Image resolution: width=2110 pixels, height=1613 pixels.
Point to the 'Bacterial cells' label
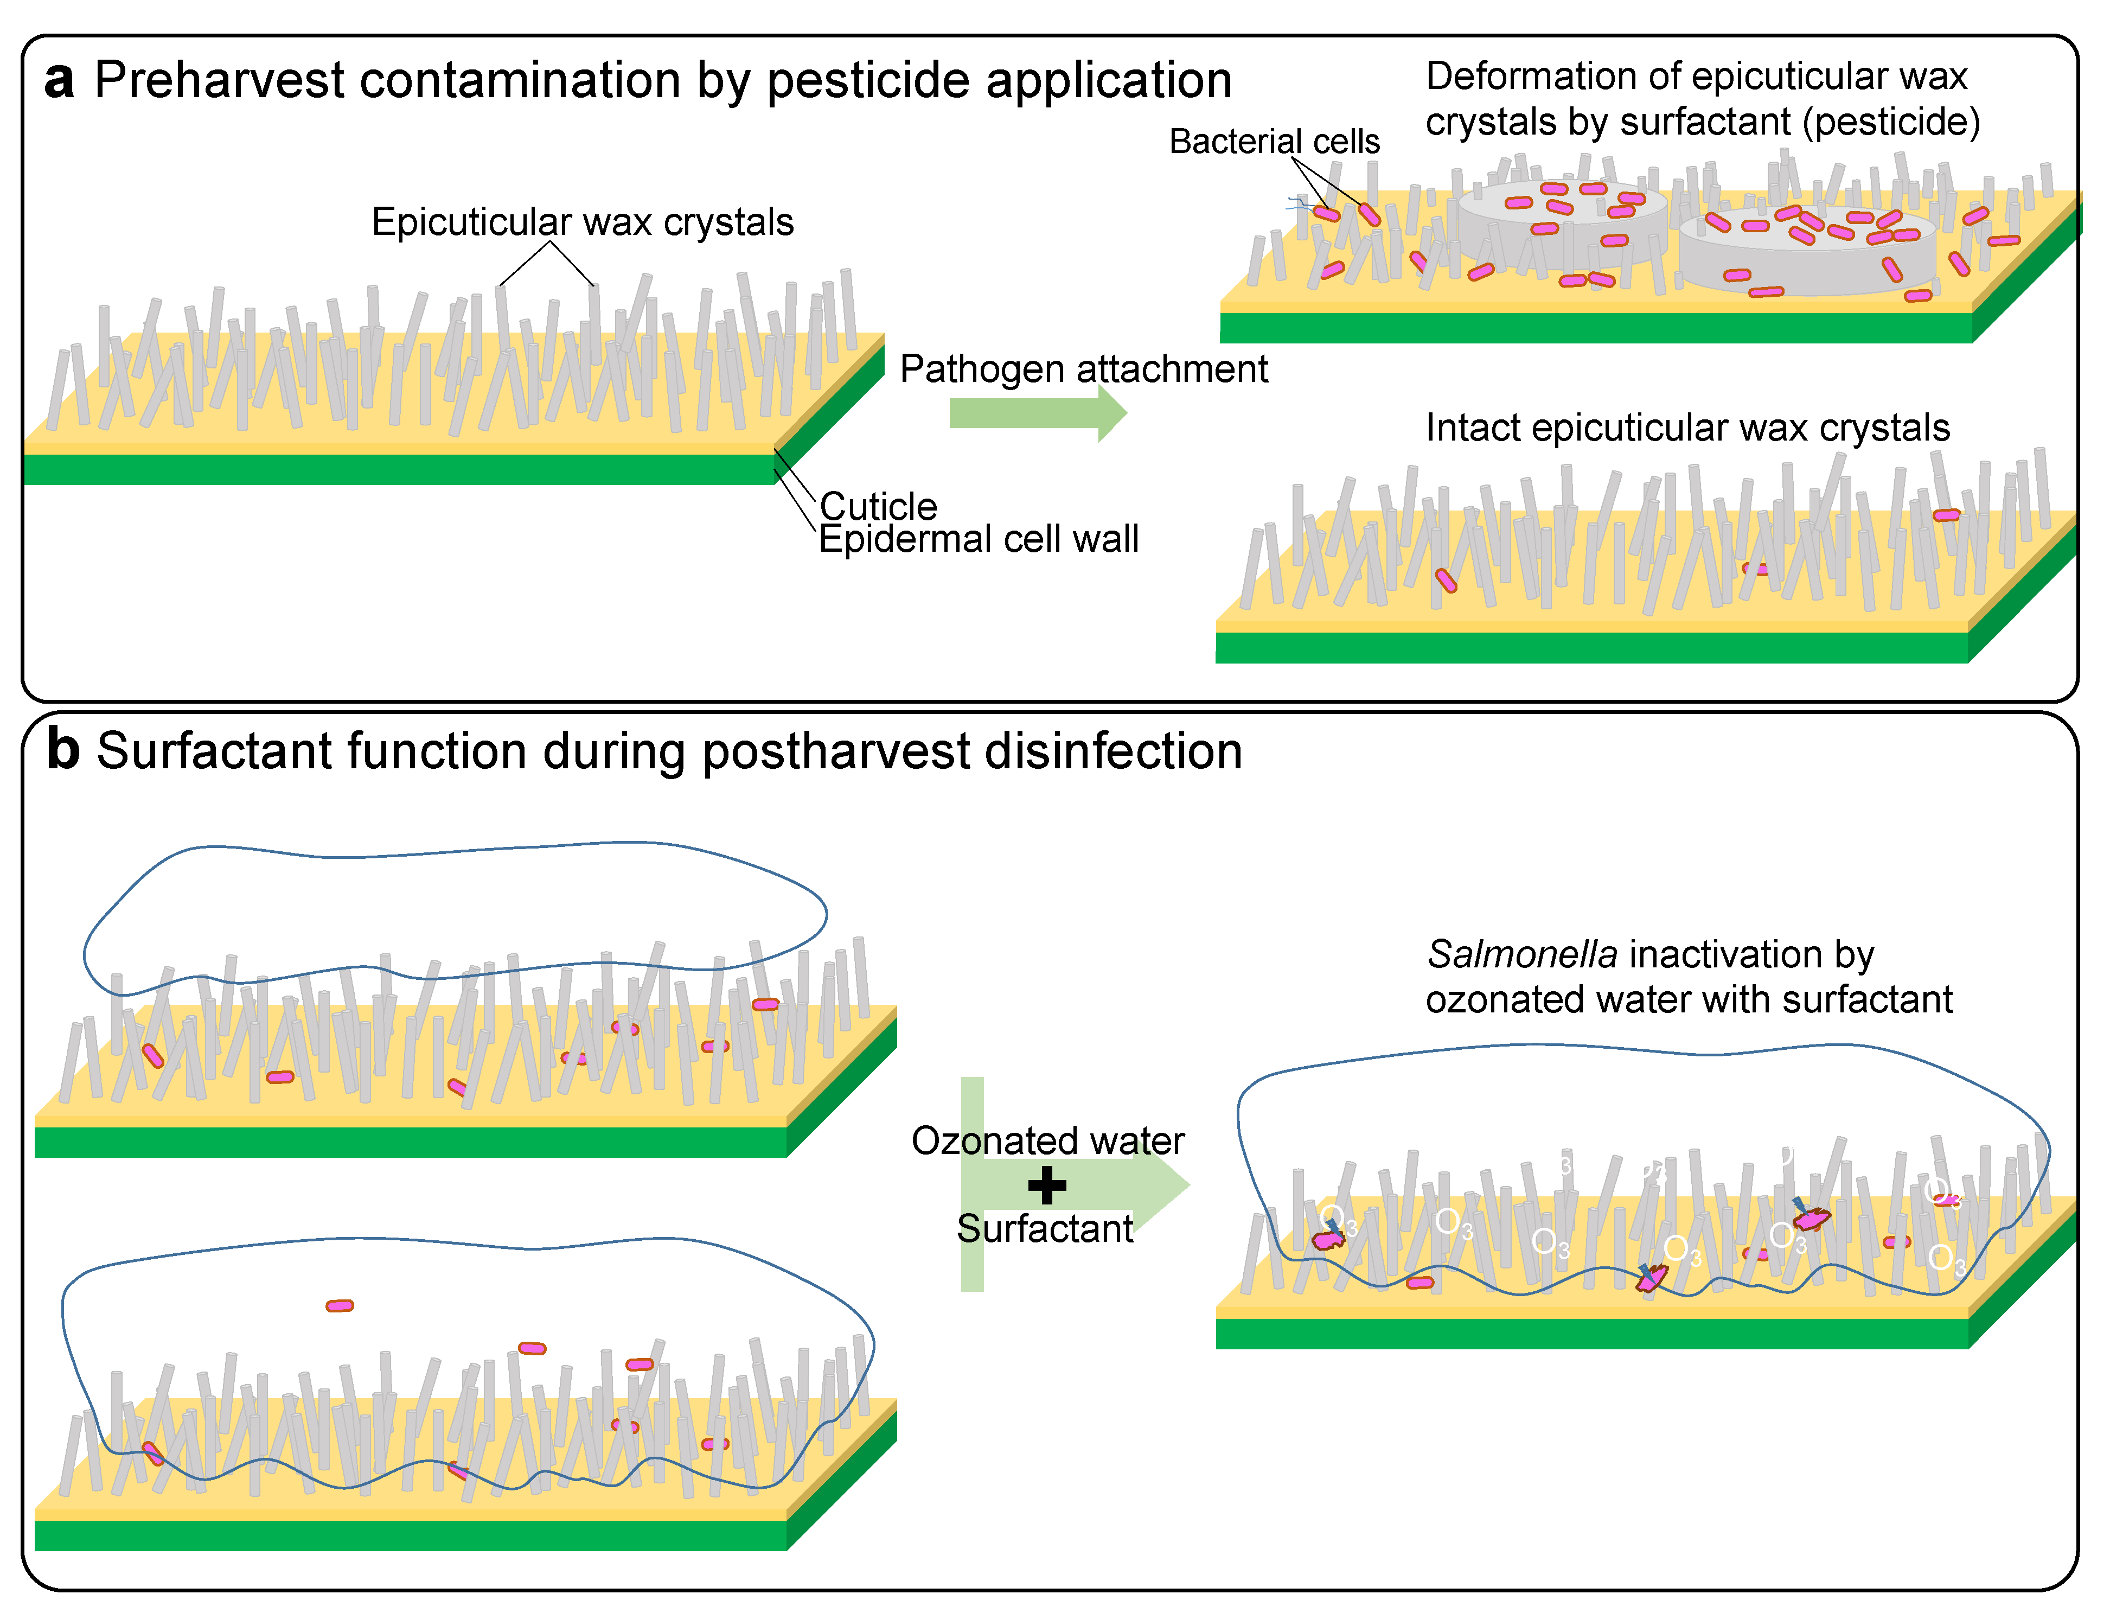1274,141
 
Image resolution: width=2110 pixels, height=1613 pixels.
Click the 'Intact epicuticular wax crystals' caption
1687,427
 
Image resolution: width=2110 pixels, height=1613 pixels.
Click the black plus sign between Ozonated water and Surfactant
1046,1185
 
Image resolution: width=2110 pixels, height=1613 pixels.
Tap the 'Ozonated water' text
1047,1140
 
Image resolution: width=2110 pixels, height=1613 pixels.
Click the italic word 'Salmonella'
1521,954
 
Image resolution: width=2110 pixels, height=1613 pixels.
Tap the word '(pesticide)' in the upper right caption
1891,122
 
